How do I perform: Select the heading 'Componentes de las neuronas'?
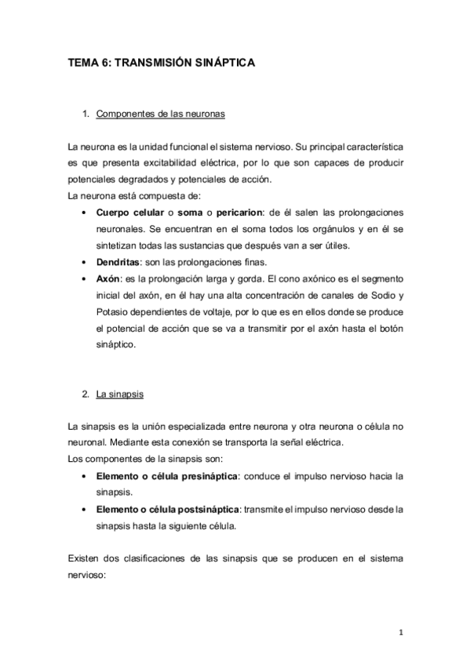pos(161,114)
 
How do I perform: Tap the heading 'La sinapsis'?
pos(119,394)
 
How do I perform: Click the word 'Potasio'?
pos(113,311)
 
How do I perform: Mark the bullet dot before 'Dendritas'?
pos(84,262)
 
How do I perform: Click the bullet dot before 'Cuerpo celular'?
pos(84,213)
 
